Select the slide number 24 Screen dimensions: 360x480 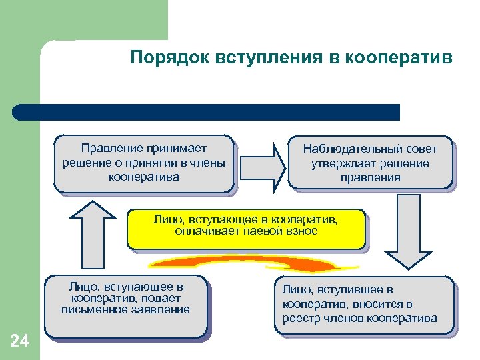coord(20,341)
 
